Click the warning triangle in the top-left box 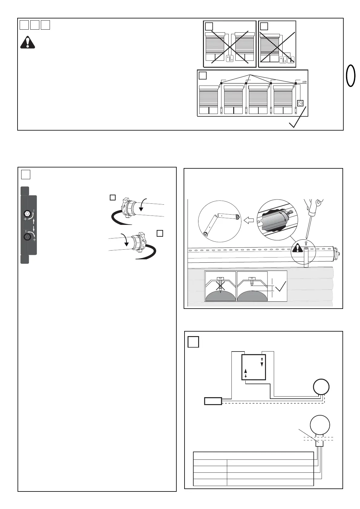pyautogui.click(x=28, y=43)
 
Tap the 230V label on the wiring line pyautogui.click(x=304, y=82)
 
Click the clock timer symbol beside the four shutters pyautogui.click(x=300, y=103)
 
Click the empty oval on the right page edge pyautogui.click(x=351, y=76)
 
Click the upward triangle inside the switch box pyautogui.click(x=246, y=371)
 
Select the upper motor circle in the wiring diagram pyautogui.click(x=321, y=387)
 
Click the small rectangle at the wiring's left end pyautogui.click(x=213, y=401)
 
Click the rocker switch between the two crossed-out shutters pyautogui.click(x=230, y=58)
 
